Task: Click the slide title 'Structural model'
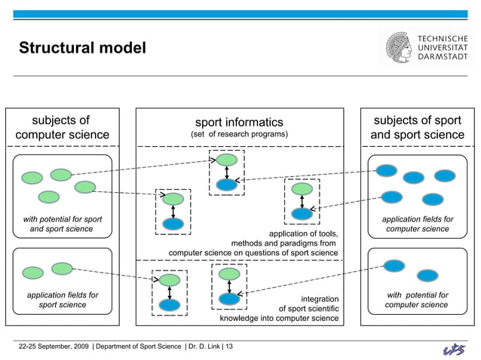82,48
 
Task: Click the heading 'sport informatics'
239,122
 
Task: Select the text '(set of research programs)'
239,135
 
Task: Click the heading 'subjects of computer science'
62,127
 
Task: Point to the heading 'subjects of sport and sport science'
417,127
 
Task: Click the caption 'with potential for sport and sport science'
62,224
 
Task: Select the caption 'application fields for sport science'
62,300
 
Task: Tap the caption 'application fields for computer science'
417,224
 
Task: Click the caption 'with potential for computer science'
417,300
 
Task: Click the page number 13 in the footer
229,346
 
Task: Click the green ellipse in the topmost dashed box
226,160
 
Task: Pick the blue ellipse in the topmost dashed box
226,184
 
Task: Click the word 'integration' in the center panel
320,298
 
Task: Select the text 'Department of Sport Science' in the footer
139,346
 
